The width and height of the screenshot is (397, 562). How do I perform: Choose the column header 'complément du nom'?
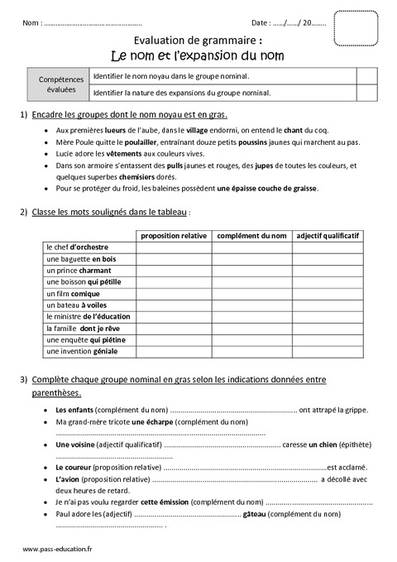[251, 236]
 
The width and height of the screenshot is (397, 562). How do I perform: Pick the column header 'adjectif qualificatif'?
[328, 236]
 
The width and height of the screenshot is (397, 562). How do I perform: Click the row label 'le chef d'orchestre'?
[78, 247]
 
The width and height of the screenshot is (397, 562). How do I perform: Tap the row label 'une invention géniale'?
[82, 352]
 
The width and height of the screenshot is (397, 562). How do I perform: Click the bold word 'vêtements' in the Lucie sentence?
[112, 154]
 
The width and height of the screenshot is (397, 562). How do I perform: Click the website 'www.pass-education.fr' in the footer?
[58, 550]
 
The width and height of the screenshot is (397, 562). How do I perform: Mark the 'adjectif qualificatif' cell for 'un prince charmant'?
[328, 271]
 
